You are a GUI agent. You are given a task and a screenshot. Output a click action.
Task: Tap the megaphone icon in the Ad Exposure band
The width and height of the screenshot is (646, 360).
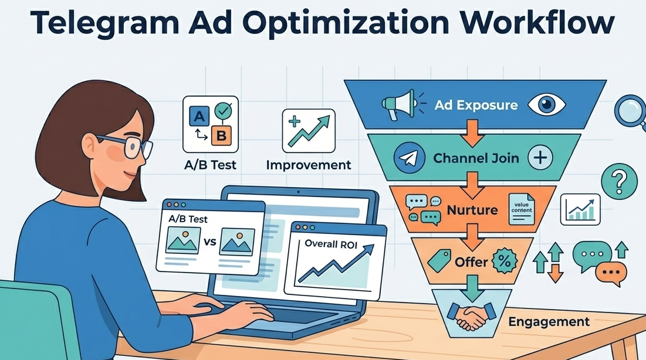[x=397, y=105]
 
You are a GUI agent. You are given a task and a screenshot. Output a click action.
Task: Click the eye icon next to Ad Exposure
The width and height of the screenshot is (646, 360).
[x=546, y=105]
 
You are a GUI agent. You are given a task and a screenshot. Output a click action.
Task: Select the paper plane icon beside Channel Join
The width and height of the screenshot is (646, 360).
[x=408, y=158]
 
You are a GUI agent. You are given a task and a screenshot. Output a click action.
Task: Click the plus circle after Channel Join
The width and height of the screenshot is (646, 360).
[x=540, y=157]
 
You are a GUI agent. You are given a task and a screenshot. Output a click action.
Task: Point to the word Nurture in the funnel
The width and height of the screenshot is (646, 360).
[x=472, y=210]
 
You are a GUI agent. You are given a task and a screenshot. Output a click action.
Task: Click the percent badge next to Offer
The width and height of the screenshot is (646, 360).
[x=504, y=261]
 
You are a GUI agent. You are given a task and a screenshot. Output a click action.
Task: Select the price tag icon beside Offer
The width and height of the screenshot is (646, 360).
[x=439, y=260]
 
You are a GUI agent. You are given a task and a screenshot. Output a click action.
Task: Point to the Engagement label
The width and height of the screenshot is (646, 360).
[x=549, y=321]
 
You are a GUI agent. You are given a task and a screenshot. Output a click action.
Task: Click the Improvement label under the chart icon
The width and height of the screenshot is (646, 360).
[x=309, y=165]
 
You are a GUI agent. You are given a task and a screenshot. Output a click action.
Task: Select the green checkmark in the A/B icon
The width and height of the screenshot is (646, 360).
[x=222, y=110]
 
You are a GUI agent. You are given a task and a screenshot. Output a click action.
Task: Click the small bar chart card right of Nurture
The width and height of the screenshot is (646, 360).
[x=580, y=209]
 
